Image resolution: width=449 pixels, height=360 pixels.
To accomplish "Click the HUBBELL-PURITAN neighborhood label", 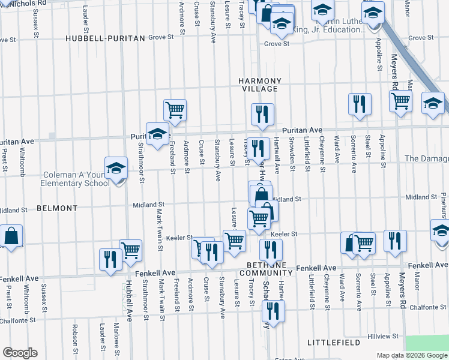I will [106, 38].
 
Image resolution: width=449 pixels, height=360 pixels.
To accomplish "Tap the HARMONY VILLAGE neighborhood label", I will [259, 85].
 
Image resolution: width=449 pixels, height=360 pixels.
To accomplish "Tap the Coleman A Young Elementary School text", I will [76, 179].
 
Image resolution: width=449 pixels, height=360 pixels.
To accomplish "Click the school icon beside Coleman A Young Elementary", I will [116, 169].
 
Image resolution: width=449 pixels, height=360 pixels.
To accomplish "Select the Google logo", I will [20, 353].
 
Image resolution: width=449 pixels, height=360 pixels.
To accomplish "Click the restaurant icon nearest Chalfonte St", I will [273, 311].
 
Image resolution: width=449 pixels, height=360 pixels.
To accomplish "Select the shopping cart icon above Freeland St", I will [175, 110].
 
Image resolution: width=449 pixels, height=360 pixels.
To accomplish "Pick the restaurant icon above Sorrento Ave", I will [360, 104].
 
